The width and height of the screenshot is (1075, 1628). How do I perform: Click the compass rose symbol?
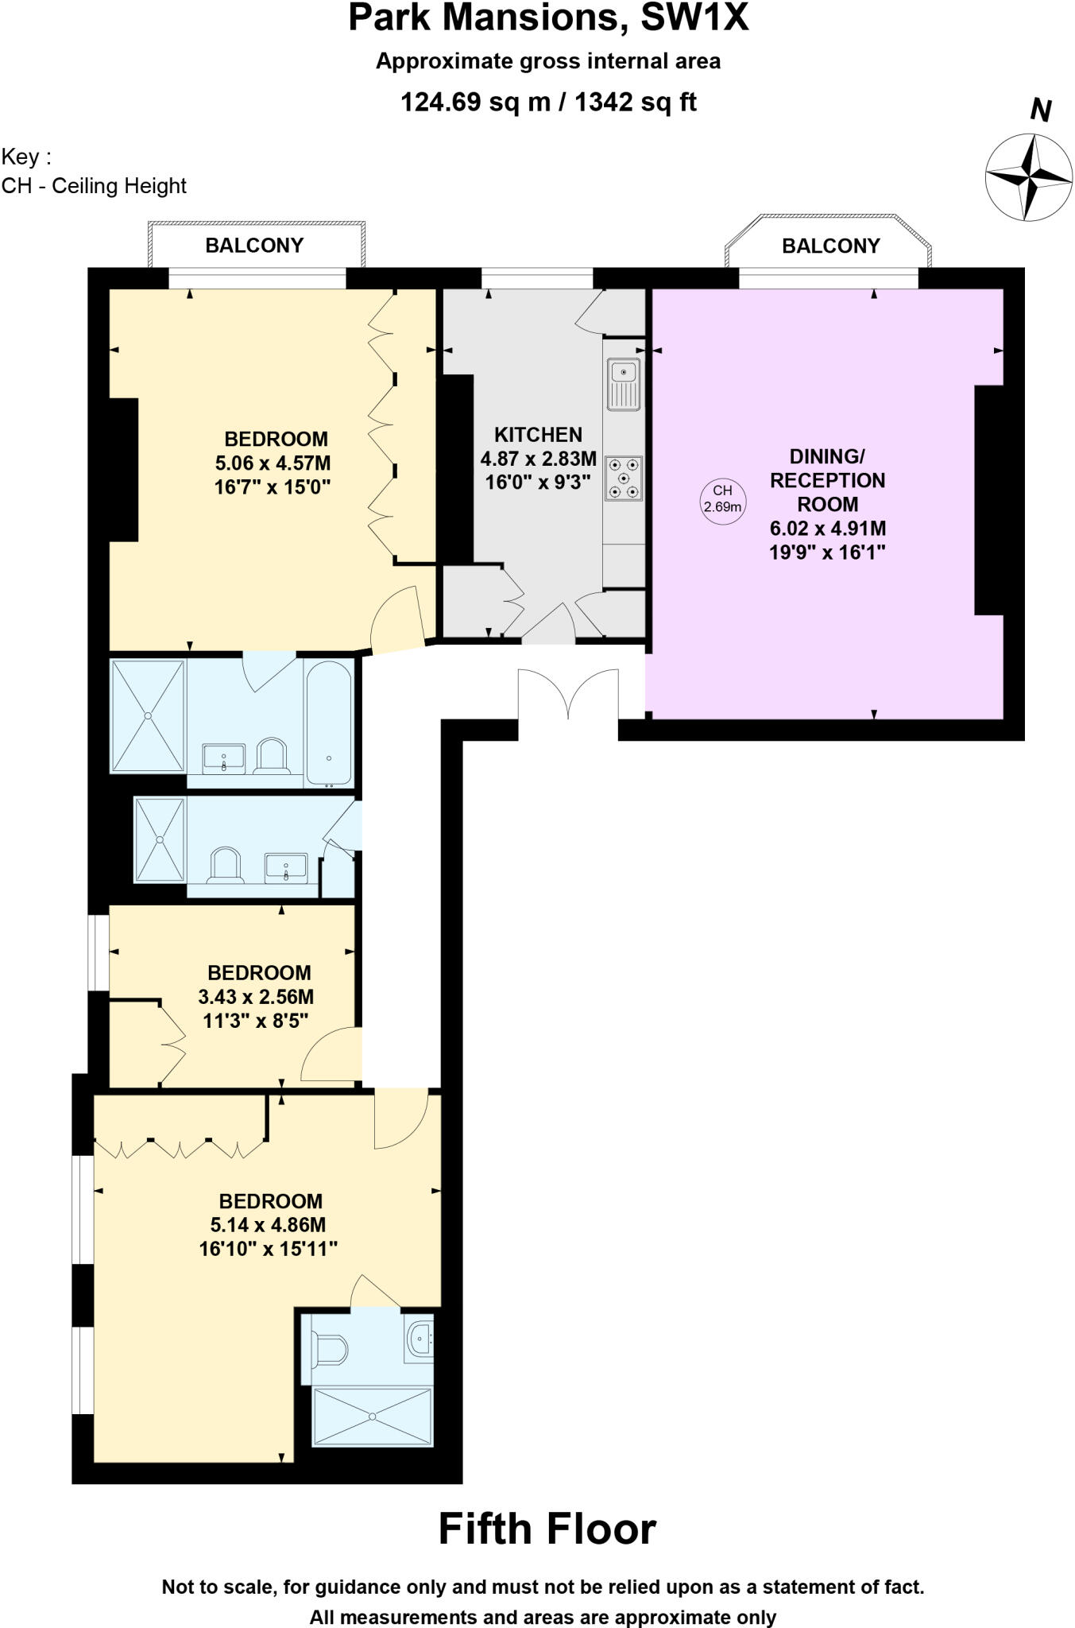[x=1029, y=177]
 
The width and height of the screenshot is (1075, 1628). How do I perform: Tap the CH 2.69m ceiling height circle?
[x=722, y=499]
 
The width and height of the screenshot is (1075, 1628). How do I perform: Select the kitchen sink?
[x=624, y=384]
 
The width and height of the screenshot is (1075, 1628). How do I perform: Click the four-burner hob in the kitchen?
[x=624, y=478]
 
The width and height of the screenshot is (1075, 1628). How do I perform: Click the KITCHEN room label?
[x=538, y=435]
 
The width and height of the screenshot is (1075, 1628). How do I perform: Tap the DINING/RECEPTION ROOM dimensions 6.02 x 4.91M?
[x=827, y=529]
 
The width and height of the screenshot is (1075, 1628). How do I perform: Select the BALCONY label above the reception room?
[x=830, y=246]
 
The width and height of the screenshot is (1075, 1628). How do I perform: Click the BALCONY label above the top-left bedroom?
[x=254, y=246]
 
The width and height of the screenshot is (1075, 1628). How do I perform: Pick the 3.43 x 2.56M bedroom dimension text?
[x=256, y=997]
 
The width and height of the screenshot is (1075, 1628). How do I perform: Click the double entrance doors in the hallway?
[x=568, y=693]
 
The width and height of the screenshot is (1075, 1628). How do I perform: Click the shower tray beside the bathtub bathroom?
[x=148, y=715]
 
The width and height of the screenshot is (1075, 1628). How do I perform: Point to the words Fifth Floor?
[x=547, y=1529]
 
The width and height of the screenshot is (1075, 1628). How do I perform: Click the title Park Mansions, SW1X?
[x=548, y=18]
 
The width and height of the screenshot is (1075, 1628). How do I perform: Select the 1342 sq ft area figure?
[x=635, y=103]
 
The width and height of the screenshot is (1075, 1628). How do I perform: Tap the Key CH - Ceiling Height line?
[x=94, y=186]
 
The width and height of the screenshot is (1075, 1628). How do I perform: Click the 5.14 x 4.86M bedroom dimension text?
[x=268, y=1225]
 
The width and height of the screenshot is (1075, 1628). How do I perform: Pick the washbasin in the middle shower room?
[x=285, y=867]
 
